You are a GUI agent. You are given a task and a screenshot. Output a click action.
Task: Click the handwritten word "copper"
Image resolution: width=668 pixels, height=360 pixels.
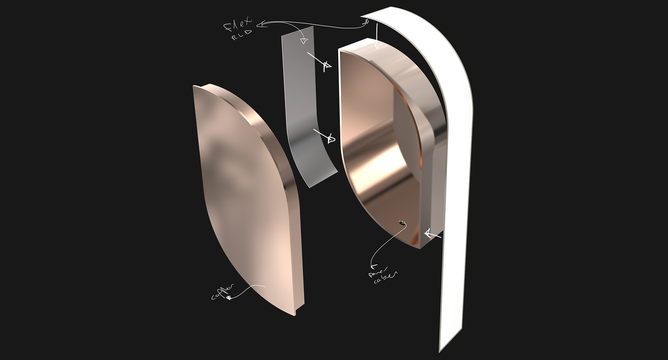point(223,291)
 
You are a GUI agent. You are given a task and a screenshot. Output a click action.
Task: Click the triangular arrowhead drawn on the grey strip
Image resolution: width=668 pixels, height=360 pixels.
point(304,41)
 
